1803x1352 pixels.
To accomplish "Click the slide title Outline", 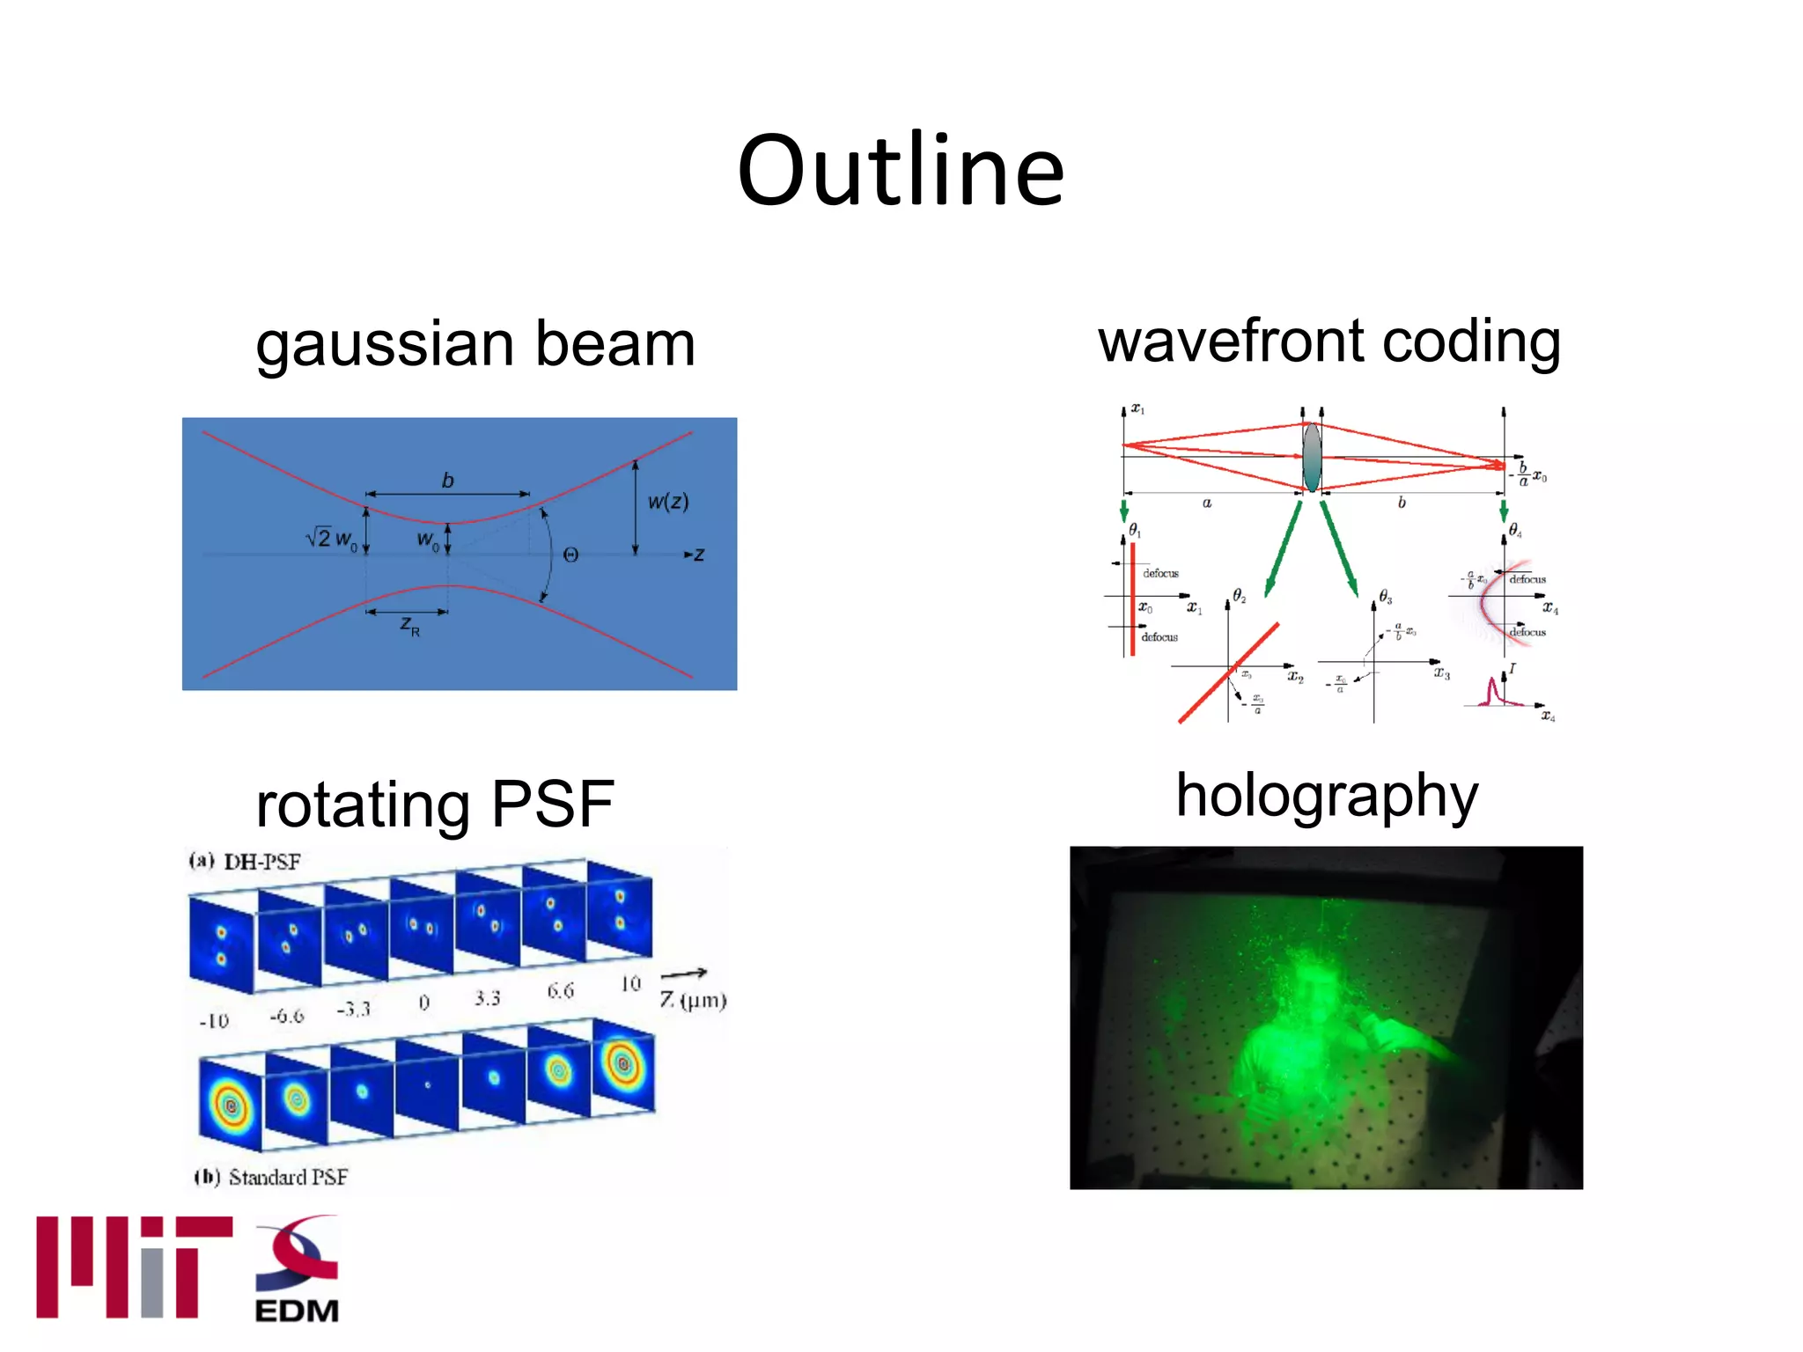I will (x=900, y=171).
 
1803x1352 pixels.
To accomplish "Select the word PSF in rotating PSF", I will (x=552, y=805).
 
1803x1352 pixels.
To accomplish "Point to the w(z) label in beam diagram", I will (x=668, y=502).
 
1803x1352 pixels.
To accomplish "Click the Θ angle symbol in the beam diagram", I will (x=570, y=555).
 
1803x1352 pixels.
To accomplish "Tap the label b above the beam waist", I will (x=447, y=481).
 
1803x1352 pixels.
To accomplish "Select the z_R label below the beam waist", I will (x=410, y=626).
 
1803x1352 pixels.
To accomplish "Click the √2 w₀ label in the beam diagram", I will (x=331, y=538).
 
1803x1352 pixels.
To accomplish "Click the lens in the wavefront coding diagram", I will (x=1312, y=457).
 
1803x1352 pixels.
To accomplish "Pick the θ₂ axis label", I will (x=1239, y=596).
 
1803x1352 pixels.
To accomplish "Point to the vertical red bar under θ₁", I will (x=1132, y=599).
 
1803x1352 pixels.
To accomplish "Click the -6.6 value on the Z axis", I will (x=287, y=1016).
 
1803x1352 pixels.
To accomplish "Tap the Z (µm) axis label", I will (x=693, y=1000).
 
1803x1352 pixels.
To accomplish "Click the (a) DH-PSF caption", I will (x=244, y=861).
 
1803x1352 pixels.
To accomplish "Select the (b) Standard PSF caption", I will (x=270, y=1177).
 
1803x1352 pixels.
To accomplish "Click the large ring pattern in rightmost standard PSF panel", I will (x=623, y=1064).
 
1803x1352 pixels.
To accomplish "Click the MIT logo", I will (x=133, y=1267).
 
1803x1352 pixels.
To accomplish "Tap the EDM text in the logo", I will (x=297, y=1311).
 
